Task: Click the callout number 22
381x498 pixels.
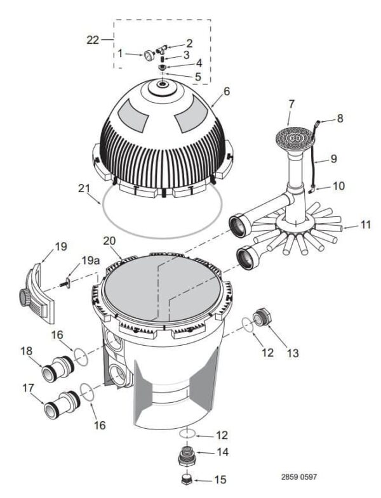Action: (x=93, y=40)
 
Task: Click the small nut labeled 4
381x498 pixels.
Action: (x=163, y=66)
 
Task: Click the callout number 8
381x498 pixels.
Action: (x=340, y=117)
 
